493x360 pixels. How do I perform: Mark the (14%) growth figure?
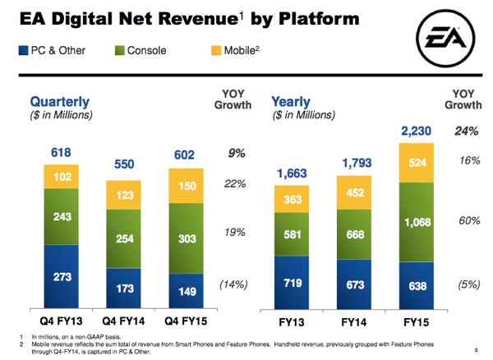(x=233, y=284)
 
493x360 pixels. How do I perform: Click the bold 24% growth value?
(x=466, y=131)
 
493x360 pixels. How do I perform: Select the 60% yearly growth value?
(x=466, y=221)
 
